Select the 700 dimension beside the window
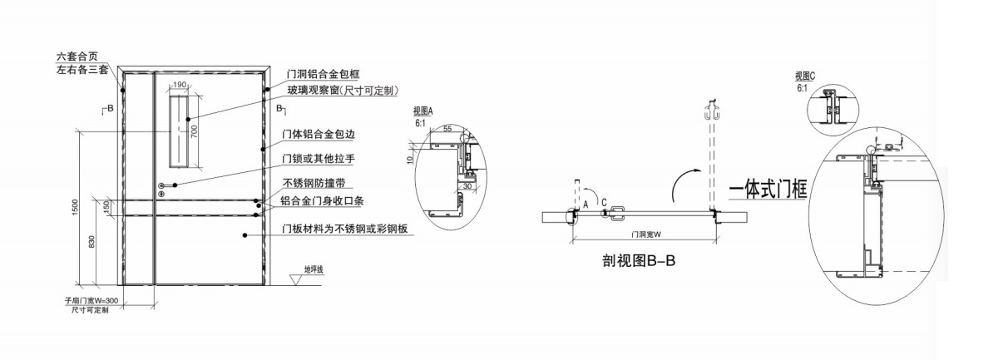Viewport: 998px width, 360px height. click(x=194, y=131)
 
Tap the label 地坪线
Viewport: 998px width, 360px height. click(x=314, y=269)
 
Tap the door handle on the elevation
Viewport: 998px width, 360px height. click(x=166, y=185)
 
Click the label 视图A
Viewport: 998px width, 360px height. click(x=424, y=110)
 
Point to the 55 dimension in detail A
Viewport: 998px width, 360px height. click(x=448, y=131)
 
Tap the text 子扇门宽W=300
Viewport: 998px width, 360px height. click(x=91, y=301)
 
